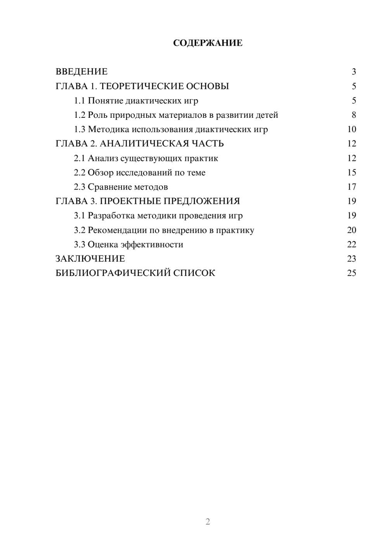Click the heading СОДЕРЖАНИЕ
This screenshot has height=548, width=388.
coord(208,43)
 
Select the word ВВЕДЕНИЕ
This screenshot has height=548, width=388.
coord(81,72)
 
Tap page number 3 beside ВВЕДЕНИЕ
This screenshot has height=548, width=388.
coord(354,72)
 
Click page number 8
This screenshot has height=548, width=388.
coord(354,115)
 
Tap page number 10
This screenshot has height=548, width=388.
coord(352,129)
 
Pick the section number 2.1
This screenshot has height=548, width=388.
coord(80,159)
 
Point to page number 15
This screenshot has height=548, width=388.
coord(352,173)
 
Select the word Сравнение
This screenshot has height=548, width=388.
coord(109,187)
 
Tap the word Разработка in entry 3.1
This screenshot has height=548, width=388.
coord(111,216)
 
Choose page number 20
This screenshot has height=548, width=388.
coord(352,230)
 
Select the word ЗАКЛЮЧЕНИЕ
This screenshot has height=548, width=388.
coord(90,259)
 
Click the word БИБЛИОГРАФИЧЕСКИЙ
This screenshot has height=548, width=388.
coord(113,273)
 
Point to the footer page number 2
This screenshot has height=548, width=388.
coord(208,522)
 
